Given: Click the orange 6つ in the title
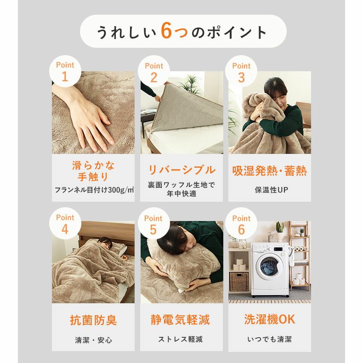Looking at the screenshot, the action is point(174,31).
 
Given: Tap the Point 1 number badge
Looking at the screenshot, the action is point(65,71).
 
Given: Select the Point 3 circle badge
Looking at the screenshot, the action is point(241,71).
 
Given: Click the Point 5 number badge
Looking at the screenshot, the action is point(153,224).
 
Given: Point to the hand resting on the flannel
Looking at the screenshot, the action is point(88,116).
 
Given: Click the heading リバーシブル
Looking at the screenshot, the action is point(181,170).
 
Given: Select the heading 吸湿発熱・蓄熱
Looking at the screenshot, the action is point(269,171).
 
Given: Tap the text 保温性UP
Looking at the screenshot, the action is point(271,190).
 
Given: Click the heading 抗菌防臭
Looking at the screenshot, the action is point(93,320).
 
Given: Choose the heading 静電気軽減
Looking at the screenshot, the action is point(180,320).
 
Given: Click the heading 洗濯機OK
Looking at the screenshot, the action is point(269,319).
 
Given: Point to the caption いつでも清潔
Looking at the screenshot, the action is point(269,340).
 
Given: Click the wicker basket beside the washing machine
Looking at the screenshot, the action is point(239,282).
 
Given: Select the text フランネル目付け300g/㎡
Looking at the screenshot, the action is point(94,190).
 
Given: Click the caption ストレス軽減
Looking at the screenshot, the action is point(180,340).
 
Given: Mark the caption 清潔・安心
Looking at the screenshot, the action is point(93,340).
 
